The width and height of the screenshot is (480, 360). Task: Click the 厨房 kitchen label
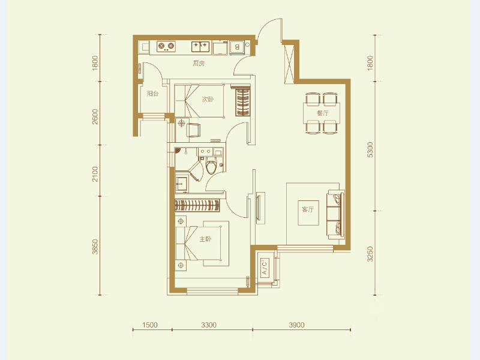pos(199,64)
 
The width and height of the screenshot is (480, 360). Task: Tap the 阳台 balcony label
pos(152,94)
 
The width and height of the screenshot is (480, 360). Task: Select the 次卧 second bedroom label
pos(208,99)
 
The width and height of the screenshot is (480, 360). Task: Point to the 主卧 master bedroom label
pos(205,239)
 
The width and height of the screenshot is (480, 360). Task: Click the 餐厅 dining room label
pos(323,113)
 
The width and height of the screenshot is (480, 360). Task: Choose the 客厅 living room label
pos(308,209)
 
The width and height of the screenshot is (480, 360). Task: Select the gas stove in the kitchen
pos(166,46)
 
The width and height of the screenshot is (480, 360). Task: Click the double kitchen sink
pos(200,46)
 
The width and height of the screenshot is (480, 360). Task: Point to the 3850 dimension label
pos(95,247)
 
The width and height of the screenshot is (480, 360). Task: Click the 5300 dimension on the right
pos(370,149)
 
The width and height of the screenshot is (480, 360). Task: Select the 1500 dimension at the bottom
pos(149,325)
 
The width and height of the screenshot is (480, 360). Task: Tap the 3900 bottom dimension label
pos(296,325)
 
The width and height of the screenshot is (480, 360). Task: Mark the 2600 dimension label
pos(95,116)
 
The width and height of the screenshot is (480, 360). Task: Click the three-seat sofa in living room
pos(336,215)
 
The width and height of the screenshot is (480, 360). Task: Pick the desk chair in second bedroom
pos(193,130)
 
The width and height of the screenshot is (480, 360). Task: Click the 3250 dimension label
pos(370,254)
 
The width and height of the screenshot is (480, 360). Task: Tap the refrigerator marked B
pos(237,47)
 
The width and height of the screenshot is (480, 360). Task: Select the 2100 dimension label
pos(95,174)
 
